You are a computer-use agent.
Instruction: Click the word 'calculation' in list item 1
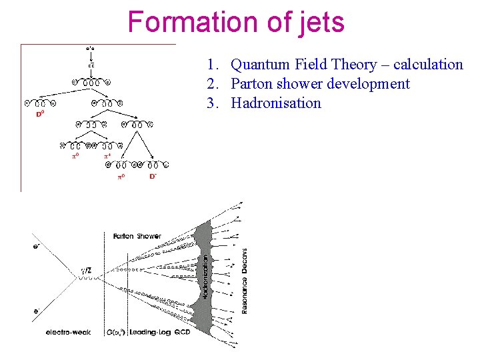(x=427, y=65)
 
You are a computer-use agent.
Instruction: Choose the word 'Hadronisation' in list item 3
(x=275, y=103)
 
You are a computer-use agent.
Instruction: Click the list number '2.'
(x=213, y=84)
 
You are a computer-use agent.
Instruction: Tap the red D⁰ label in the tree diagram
(x=40, y=114)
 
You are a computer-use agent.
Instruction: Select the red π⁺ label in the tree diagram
(x=107, y=155)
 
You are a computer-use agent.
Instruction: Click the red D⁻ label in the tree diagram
(x=153, y=177)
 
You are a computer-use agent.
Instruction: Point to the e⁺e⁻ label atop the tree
(x=90, y=48)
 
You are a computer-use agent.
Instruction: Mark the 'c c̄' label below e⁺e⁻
(x=90, y=65)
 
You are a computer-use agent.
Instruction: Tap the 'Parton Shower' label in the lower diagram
(x=137, y=236)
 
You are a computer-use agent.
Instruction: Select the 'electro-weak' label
(x=68, y=332)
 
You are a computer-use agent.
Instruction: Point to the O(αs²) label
(x=115, y=332)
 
